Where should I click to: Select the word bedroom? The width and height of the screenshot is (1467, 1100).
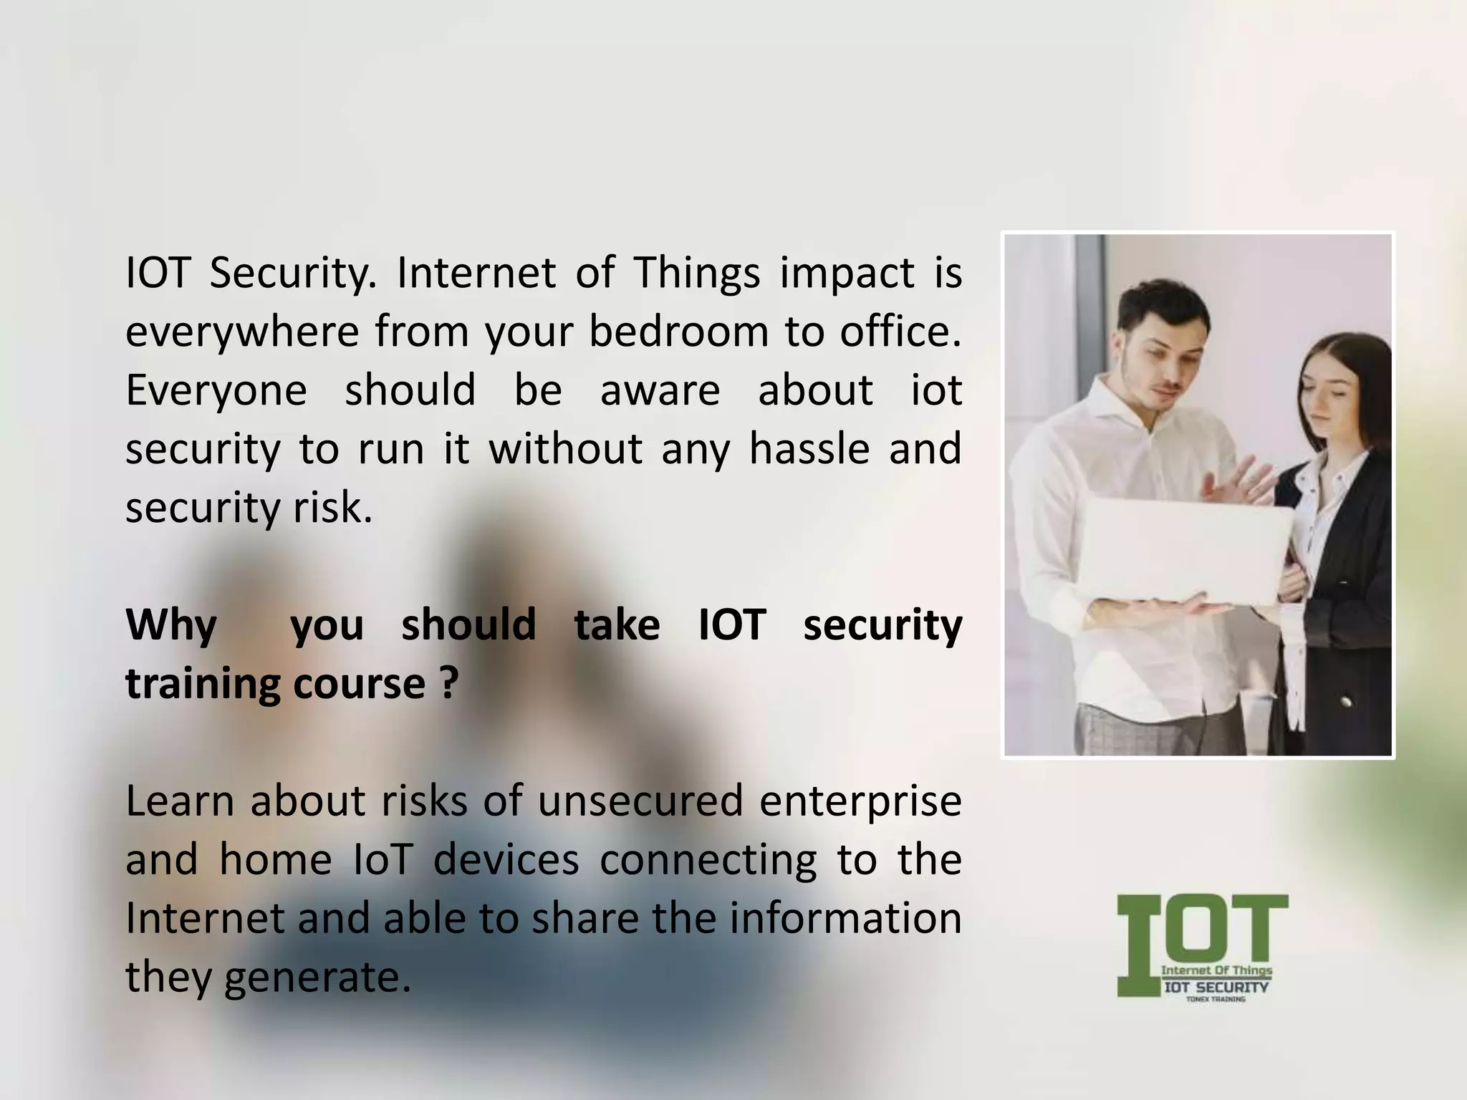678,332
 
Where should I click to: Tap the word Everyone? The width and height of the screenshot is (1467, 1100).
216,391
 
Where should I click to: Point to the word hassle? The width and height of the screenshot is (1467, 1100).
809,450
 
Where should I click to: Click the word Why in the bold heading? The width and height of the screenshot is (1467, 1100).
171,625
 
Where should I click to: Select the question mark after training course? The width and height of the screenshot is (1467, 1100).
447,684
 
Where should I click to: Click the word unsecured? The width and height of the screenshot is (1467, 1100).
640,801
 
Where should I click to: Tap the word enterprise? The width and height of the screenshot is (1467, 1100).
860,801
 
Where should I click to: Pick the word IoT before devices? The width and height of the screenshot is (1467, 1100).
383,860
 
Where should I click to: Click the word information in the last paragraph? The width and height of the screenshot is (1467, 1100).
845,919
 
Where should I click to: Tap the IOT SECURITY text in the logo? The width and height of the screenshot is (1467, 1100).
1216,988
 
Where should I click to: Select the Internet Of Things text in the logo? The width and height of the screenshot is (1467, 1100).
1216,970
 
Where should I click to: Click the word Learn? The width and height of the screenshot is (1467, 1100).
180,801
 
